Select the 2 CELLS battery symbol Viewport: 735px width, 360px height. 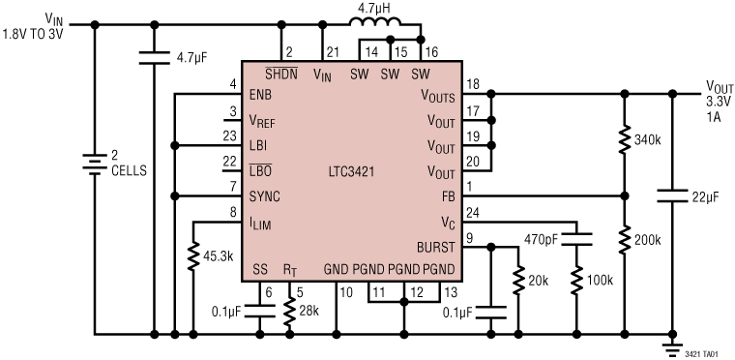94,165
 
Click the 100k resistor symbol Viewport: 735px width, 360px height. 576,281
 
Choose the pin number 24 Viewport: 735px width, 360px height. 471,212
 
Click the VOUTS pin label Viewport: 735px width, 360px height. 438,95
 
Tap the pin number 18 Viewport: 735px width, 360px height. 471,84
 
